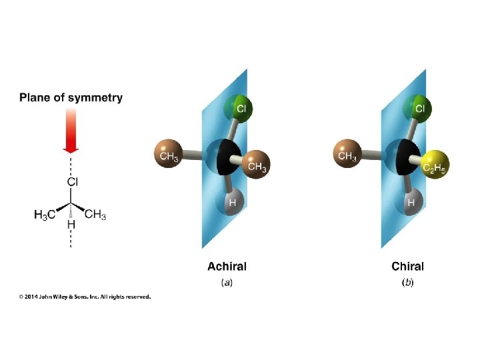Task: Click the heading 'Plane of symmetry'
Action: [71, 97]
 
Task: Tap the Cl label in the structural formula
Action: [73, 181]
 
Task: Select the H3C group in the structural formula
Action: [45, 215]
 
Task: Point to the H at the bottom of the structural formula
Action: [71, 226]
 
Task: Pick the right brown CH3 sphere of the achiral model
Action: [255, 165]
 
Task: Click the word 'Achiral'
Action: [227, 267]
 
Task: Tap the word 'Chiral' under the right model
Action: [407, 267]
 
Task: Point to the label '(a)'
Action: [227, 283]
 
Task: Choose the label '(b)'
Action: [407, 283]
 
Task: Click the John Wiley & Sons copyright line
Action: [85, 297]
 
